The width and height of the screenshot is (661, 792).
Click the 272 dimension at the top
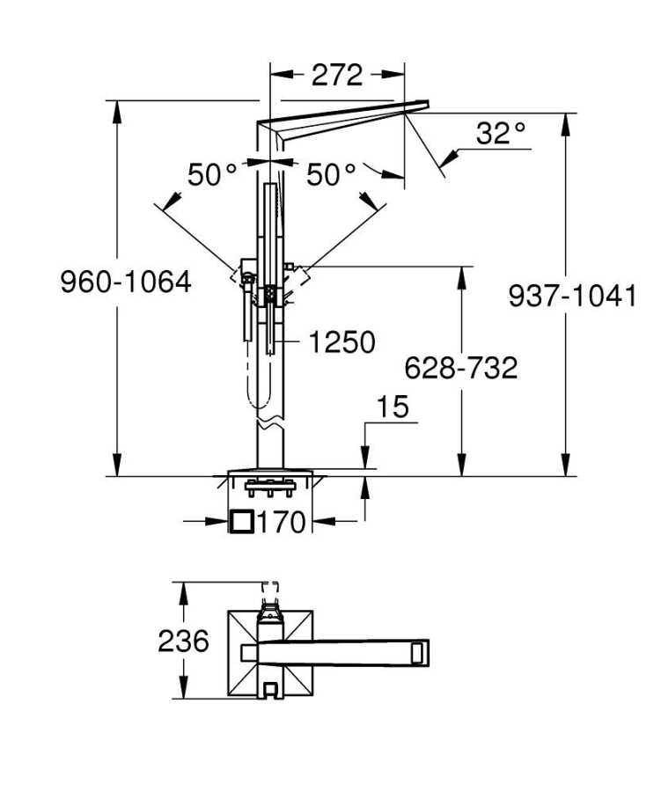[337, 76]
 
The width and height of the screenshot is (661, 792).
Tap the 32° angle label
[501, 134]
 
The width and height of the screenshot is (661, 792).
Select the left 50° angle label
[212, 175]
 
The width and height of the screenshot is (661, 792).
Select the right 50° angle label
[332, 175]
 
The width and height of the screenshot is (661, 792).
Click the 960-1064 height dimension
[126, 282]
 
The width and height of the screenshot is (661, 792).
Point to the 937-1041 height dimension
[573, 296]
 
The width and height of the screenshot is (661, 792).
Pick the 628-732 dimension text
[461, 368]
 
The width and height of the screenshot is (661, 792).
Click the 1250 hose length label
[342, 342]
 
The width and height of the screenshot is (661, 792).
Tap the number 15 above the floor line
[393, 407]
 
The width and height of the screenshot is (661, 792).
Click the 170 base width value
[282, 522]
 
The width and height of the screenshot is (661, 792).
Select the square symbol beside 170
[242, 521]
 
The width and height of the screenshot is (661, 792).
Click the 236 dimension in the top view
[183, 641]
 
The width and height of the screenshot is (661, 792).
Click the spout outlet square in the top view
[420, 653]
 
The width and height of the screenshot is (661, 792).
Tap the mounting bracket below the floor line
[270, 488]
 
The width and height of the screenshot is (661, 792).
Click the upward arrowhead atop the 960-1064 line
[117, 111]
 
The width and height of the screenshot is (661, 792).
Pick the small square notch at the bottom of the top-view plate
[270, 690]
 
